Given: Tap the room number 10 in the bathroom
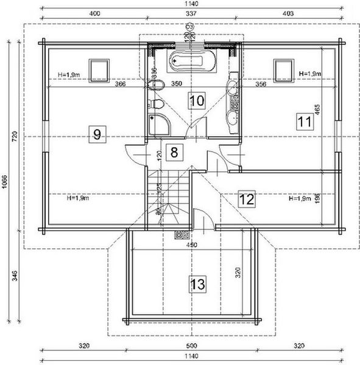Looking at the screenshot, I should point(196,100).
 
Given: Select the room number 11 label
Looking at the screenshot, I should point(305,121).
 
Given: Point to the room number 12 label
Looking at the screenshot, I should point(247,198).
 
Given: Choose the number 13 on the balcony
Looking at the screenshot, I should point(197,283).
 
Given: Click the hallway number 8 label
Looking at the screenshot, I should point(174,151).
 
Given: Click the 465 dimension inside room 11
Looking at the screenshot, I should point(317,109).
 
